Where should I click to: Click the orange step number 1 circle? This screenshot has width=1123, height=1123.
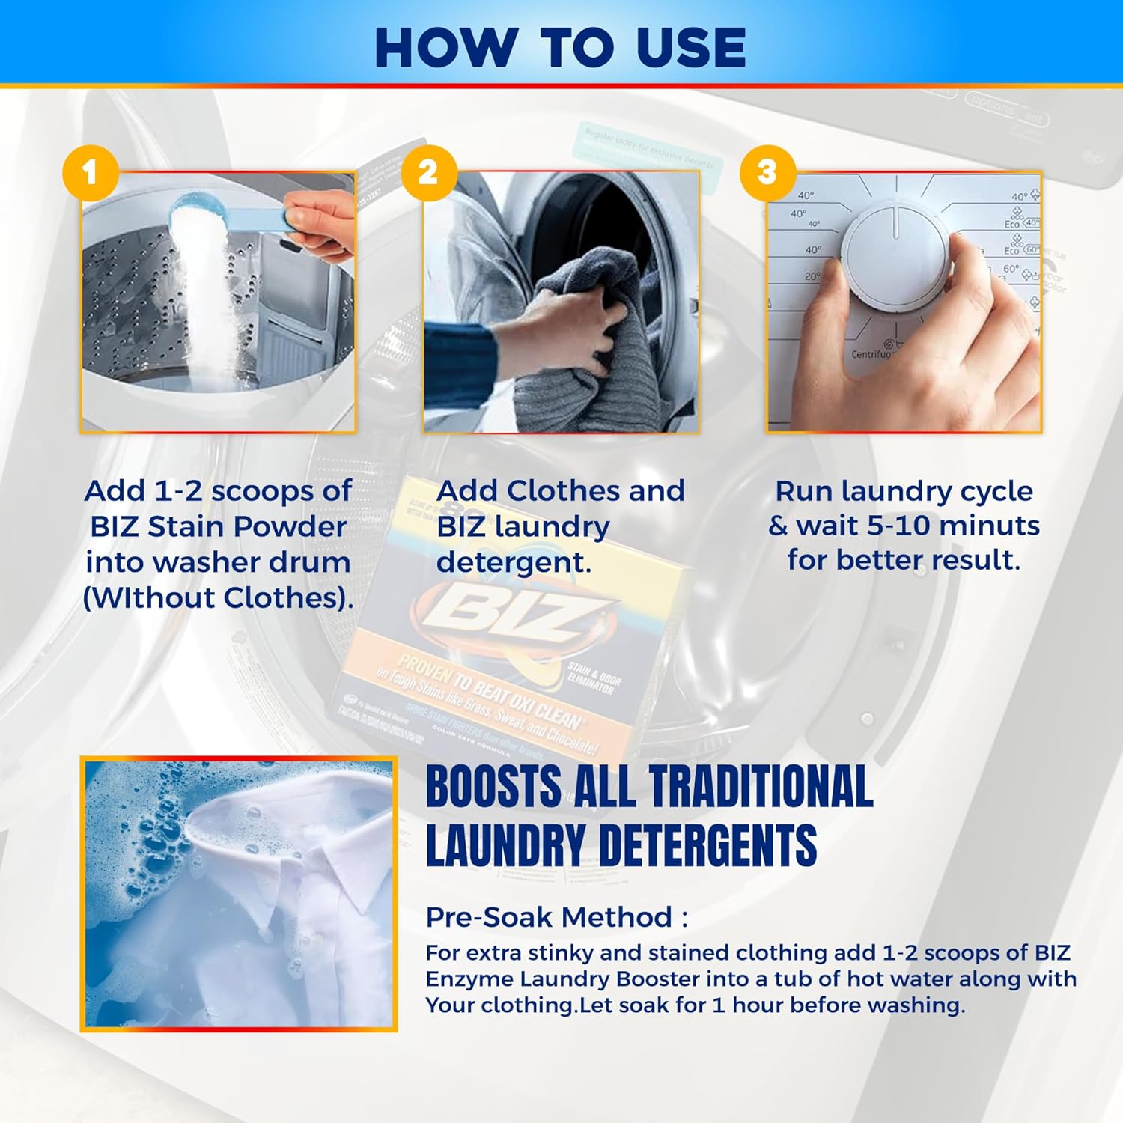(x=91, y=172)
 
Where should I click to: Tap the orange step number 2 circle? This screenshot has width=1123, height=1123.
(x=429, y=172)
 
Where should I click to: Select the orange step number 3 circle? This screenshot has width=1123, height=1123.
(x=767, y=172)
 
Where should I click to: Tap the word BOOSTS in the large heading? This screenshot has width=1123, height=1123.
(x=493, y=787)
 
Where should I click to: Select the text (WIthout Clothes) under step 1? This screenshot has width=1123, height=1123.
(x=218, y=597)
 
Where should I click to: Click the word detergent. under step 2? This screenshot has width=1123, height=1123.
(x=514, y=562)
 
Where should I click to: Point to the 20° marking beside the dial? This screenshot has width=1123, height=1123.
(x=812, y=276)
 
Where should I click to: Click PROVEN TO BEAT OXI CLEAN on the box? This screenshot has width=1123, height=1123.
(x=490, y=692)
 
